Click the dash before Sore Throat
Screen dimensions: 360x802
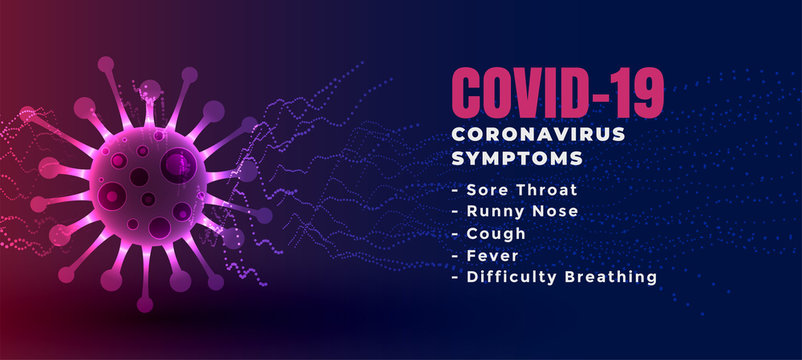[x=456, y=189]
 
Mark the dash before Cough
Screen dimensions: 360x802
[x=456, y=233]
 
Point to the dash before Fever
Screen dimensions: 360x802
[x=456, y=255]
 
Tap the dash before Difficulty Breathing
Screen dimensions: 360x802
[x=456, y=277]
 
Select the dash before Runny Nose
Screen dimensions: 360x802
[x=456, y=211]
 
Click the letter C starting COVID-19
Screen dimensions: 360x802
[x=467, y=93]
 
